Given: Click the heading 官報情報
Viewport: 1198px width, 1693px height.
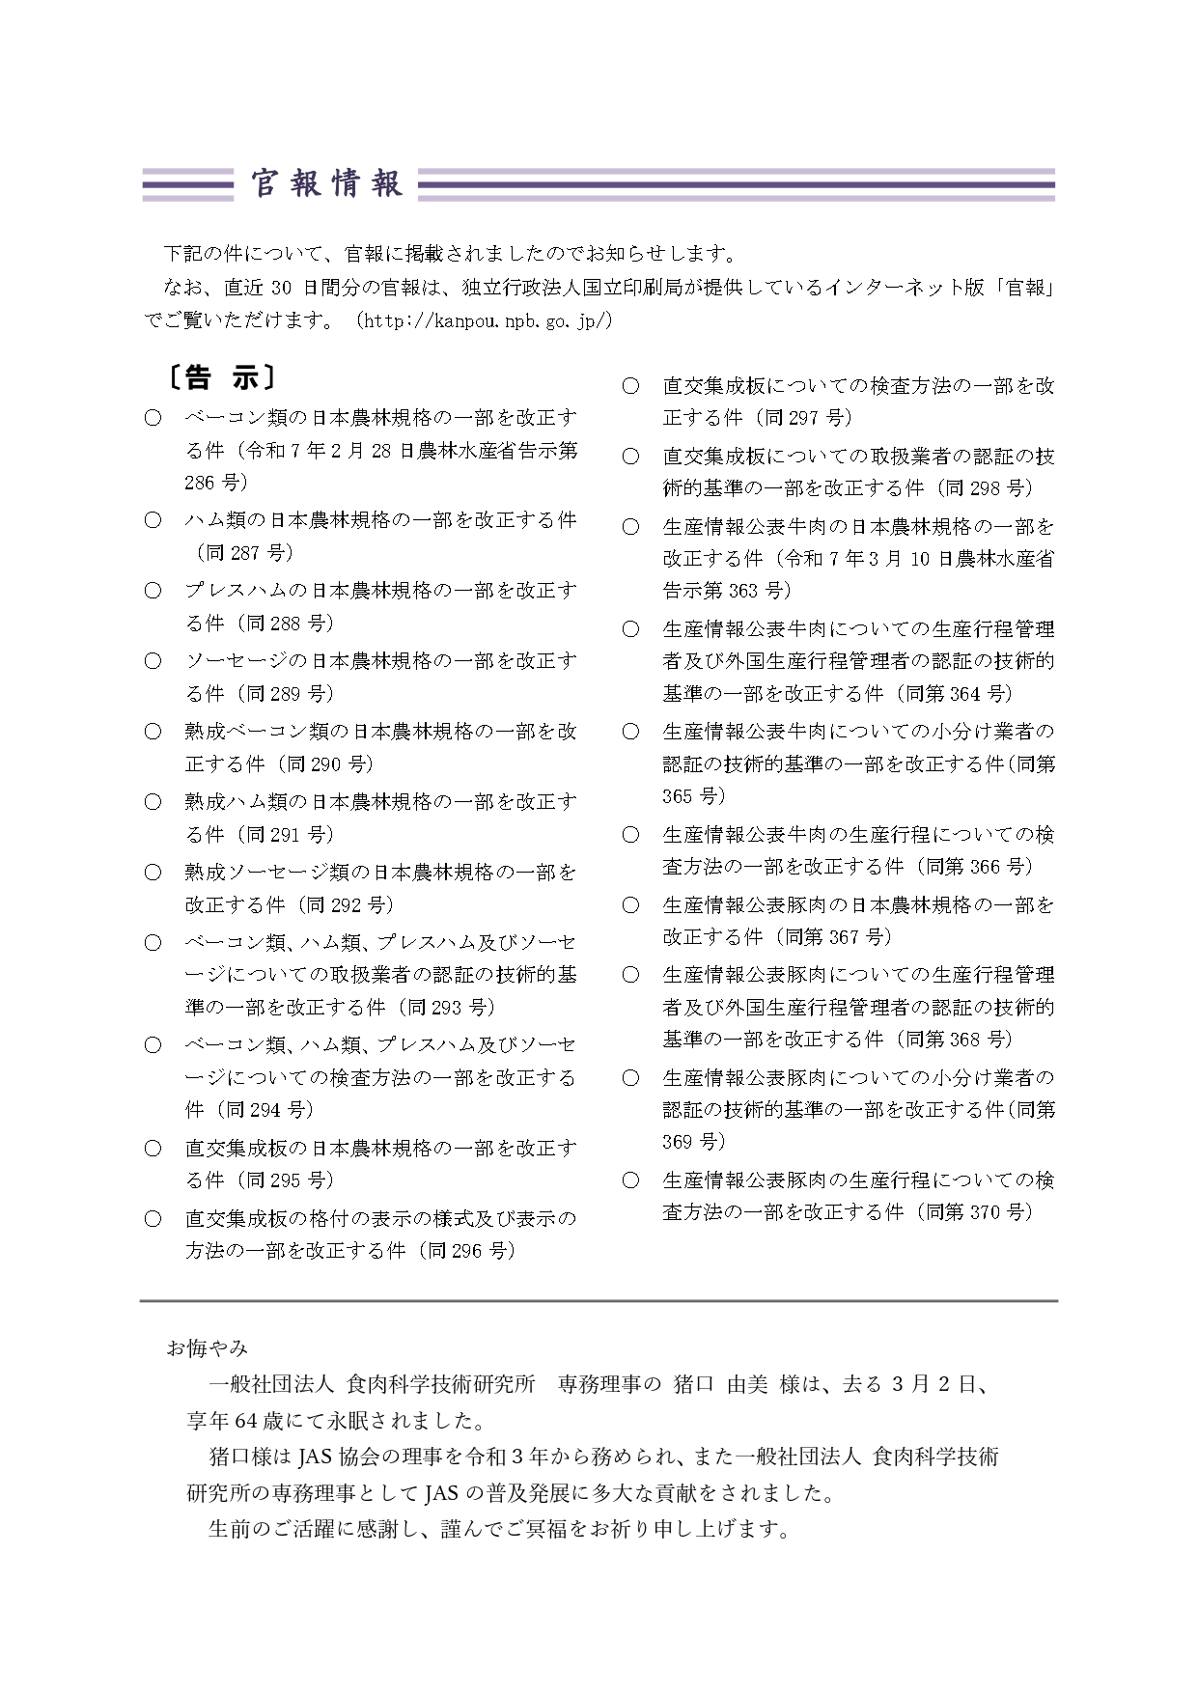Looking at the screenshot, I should pos(326,183).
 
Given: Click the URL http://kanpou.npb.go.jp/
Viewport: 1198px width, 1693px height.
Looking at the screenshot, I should pos(485,320).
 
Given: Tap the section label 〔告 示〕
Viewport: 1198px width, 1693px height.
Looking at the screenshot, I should pos(219,377).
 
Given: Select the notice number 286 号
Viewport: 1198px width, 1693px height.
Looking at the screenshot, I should pos(215,483).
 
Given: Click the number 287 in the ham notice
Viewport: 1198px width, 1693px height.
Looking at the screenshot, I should pos(246,553).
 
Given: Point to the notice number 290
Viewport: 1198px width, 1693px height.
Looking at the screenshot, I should pos(326,764).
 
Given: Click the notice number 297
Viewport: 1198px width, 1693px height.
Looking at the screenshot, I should pos(805,418).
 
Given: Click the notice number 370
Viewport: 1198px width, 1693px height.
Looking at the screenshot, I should pos(985,1212).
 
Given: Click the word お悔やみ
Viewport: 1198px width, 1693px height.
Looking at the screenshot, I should pos(207,1347).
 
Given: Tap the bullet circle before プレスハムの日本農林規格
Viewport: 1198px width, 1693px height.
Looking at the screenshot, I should pos(153,591).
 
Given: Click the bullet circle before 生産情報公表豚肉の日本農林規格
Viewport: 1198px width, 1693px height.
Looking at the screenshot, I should pos(630,905).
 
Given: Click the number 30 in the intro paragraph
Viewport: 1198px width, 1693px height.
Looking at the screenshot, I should pos(282,288).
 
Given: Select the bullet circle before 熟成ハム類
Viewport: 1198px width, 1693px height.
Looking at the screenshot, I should pos(153,802).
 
